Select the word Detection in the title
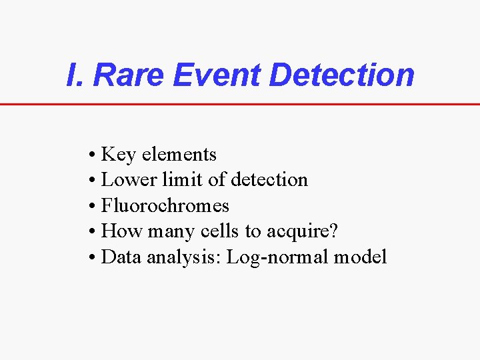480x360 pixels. coord(341,75)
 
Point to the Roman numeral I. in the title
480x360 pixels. coord(75,75)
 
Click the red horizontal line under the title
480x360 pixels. coord(240,104)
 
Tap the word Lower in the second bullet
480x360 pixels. coord(124,180)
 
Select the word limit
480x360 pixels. coord(173,180)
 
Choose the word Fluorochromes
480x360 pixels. coord(165,205)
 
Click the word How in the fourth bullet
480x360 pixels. coord(119,231)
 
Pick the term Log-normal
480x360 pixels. coord(278,258)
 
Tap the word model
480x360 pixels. coord(361,257)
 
